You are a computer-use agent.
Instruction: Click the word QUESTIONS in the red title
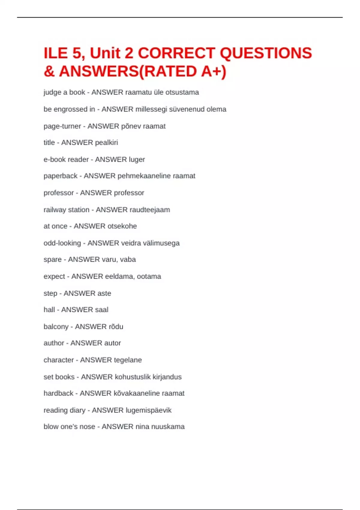pos(266,53)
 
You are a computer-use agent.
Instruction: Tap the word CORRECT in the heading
pos(176,53)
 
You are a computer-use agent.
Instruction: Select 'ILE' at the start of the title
pos(56,53)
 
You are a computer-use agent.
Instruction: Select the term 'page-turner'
pos(62,126)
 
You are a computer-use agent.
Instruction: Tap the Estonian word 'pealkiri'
pos(106,142)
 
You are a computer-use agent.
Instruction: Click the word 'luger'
pos(137,160)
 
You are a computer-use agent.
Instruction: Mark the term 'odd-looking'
pos(62,243)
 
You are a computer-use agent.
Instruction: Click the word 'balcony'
pos(56,326)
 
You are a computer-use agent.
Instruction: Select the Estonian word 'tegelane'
pos(127,360)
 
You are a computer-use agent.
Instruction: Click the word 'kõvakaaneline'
pos(136,393)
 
